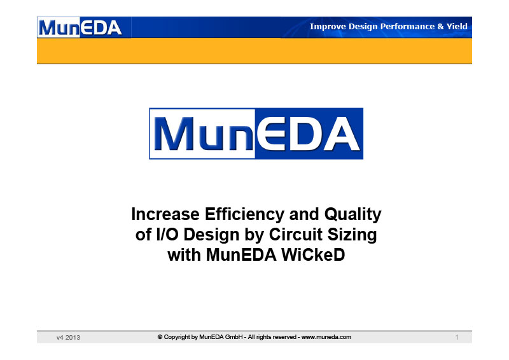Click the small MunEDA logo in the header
(x=80, y=27)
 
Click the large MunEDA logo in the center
(x=256, y=134)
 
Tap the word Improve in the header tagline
(x=328, y=27)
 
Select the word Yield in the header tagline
(x=457, y=26)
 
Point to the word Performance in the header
(x=407, y=26)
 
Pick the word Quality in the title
(x=353, y=215)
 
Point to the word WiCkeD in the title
(x=313, y=255)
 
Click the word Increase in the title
(x=165, y=214)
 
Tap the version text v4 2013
(x=68, y=338)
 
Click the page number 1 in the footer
(x=457, y=337)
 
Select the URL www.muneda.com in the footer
(x=326, y=337)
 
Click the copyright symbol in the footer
(x=160, y=337)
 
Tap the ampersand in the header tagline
(x=440, y=26)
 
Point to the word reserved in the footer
(x=284, y=337)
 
